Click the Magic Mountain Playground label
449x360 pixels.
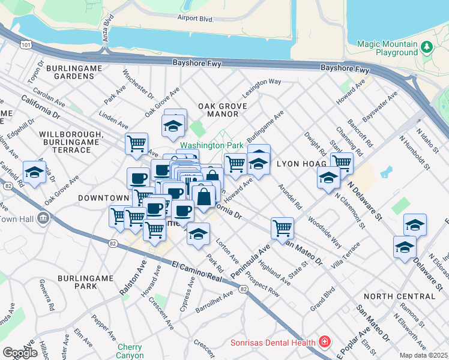point(387,48)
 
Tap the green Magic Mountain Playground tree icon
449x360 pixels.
point(426,46)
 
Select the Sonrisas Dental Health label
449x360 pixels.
point(274,343)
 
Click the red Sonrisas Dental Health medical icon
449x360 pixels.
point(325,343)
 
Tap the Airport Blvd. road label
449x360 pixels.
point(196,19)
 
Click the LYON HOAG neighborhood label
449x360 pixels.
point(301,163)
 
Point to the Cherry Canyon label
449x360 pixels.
point(130,351)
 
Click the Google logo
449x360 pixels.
point(20,353)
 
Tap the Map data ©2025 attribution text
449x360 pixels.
point(424,355)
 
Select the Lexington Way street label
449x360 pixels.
point(262,88)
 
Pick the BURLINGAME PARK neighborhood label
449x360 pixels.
point(86,282)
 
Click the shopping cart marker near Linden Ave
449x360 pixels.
point(137,143)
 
